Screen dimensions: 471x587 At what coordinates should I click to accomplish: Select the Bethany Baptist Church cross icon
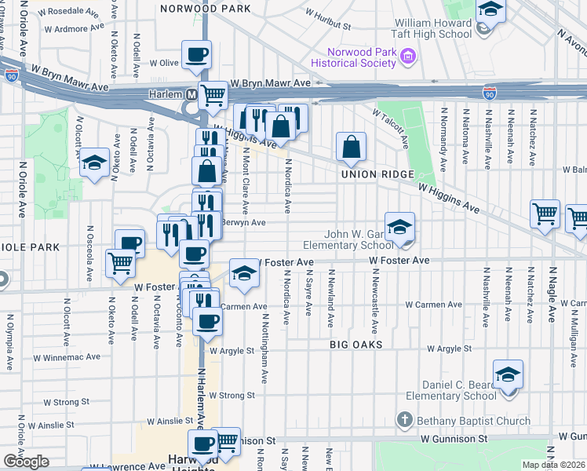(x=404, y=421)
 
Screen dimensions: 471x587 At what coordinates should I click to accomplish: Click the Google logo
(x=26, y=462)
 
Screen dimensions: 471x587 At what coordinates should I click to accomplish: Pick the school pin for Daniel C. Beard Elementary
(x=508, y=374)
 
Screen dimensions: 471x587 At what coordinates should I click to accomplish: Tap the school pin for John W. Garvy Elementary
(x=399, y=226)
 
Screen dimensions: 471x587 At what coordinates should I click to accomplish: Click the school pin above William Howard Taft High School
(x=490, y=9)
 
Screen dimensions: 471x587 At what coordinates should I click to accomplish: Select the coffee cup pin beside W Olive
(x=196, y=54)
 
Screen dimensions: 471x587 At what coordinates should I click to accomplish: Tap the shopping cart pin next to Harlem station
(x=213, y=95)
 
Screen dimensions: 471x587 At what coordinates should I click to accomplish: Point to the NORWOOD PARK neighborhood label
(x=205, y=9)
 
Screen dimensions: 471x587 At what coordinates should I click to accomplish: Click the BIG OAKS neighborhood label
(x=356, y=345)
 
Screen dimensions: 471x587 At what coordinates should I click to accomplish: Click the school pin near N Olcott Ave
(x=93, y=162)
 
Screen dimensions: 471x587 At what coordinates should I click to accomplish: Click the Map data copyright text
(x=552, y=465)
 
